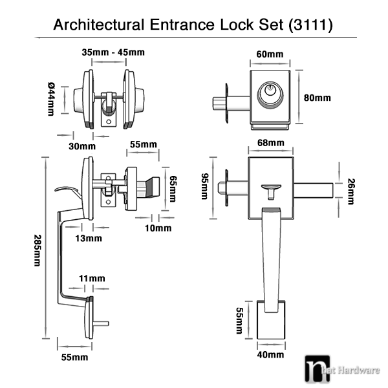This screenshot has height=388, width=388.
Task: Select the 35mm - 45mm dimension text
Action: [x=108, y=52]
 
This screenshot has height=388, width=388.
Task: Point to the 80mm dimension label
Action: [x=318, y=98]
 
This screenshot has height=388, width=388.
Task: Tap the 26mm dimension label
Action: [x=351, y=191]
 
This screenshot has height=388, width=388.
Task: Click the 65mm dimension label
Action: [x=172, y=186]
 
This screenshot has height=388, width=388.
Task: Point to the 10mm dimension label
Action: [x=157, y=228]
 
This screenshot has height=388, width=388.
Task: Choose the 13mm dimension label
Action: [x=89, y=238]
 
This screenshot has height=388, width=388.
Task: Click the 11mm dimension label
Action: [x=92, y=278]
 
